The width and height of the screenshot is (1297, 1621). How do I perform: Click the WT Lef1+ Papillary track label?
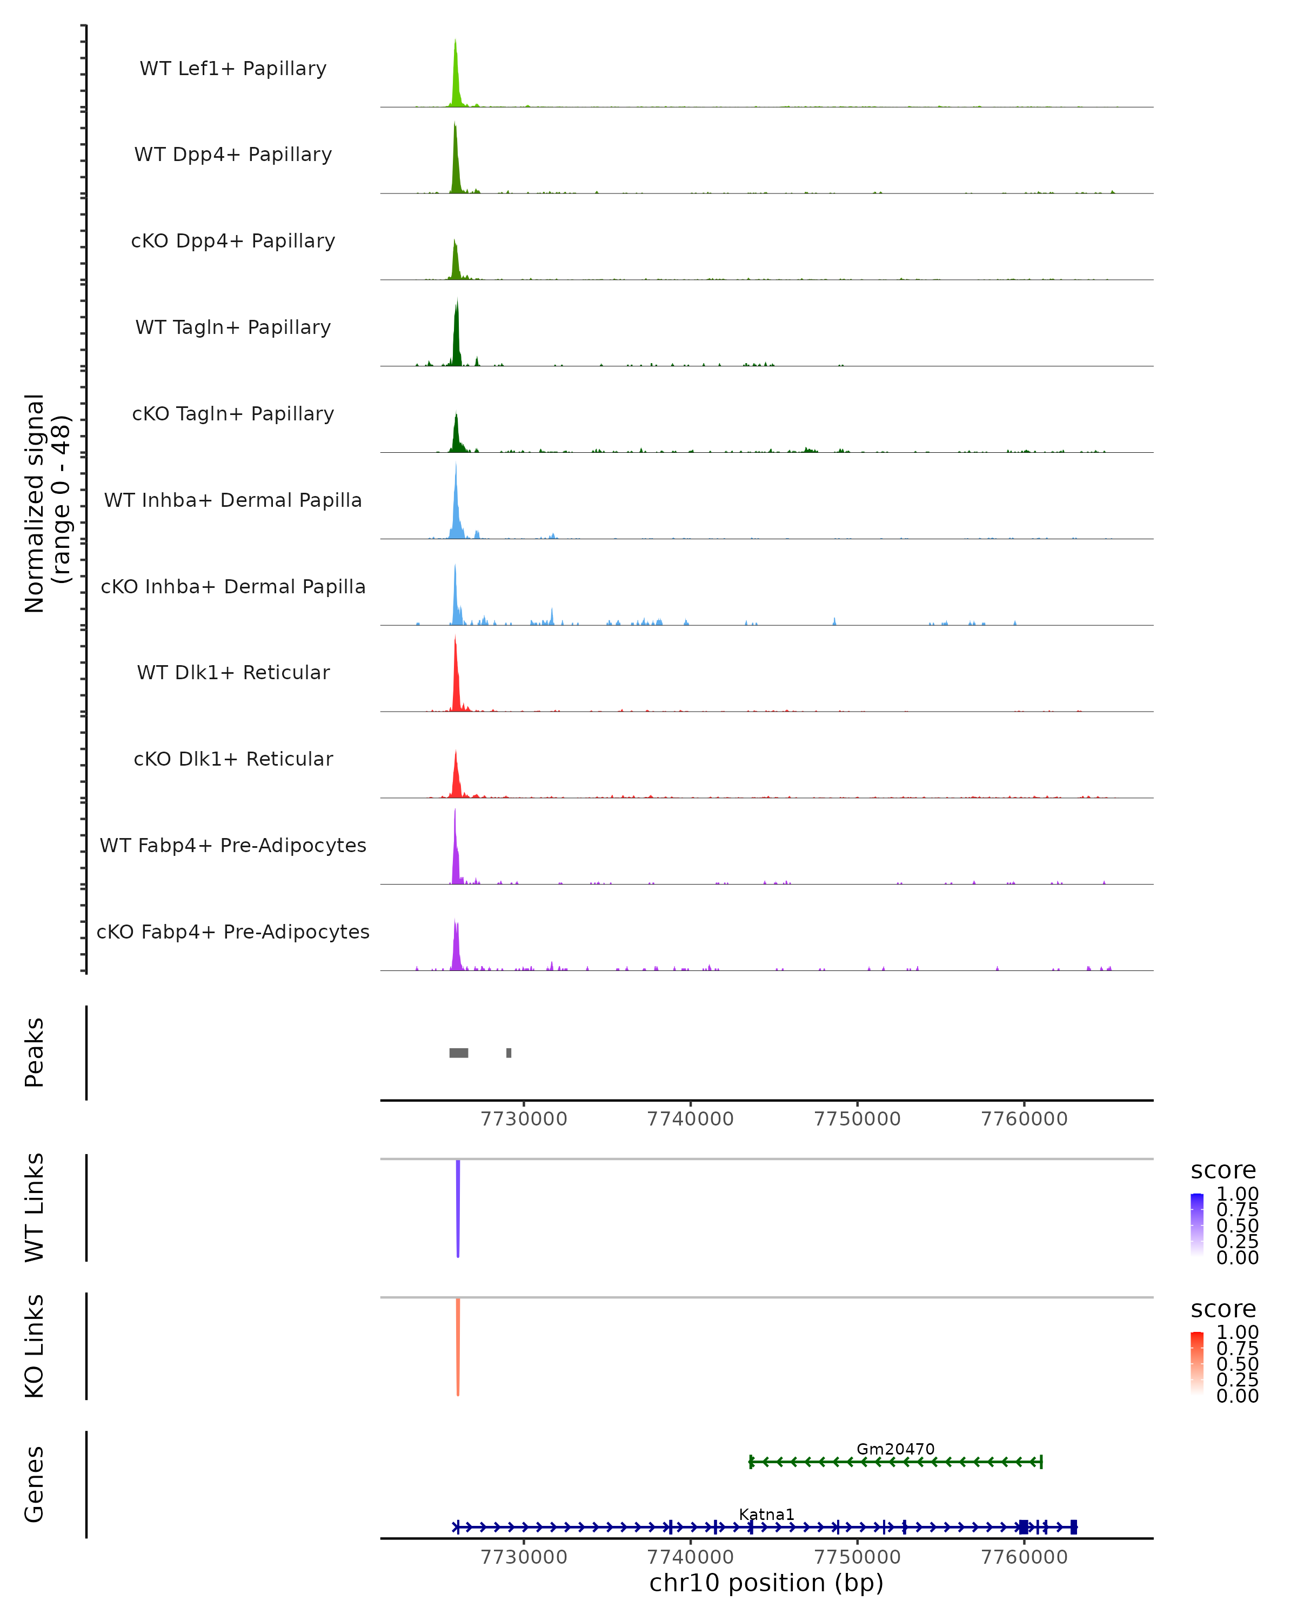point(233,69)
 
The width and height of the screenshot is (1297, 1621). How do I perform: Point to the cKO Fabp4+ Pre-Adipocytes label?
point(233,932)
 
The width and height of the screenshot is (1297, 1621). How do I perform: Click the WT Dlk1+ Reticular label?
point(233,673)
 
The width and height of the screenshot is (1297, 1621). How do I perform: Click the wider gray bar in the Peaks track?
point(459,1053)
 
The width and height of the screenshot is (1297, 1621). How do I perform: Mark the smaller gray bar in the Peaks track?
point(509,1053)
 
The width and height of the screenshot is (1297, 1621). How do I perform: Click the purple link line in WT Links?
point(458,1207)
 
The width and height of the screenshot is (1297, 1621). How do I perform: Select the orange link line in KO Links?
point(458,1346)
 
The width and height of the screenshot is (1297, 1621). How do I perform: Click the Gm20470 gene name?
point(895,1450)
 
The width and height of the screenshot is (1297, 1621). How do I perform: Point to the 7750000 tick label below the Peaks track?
point(857,1119)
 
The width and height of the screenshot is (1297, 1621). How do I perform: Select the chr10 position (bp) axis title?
point(766,1583)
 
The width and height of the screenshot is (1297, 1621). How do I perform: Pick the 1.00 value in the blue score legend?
point(1238,1194)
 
